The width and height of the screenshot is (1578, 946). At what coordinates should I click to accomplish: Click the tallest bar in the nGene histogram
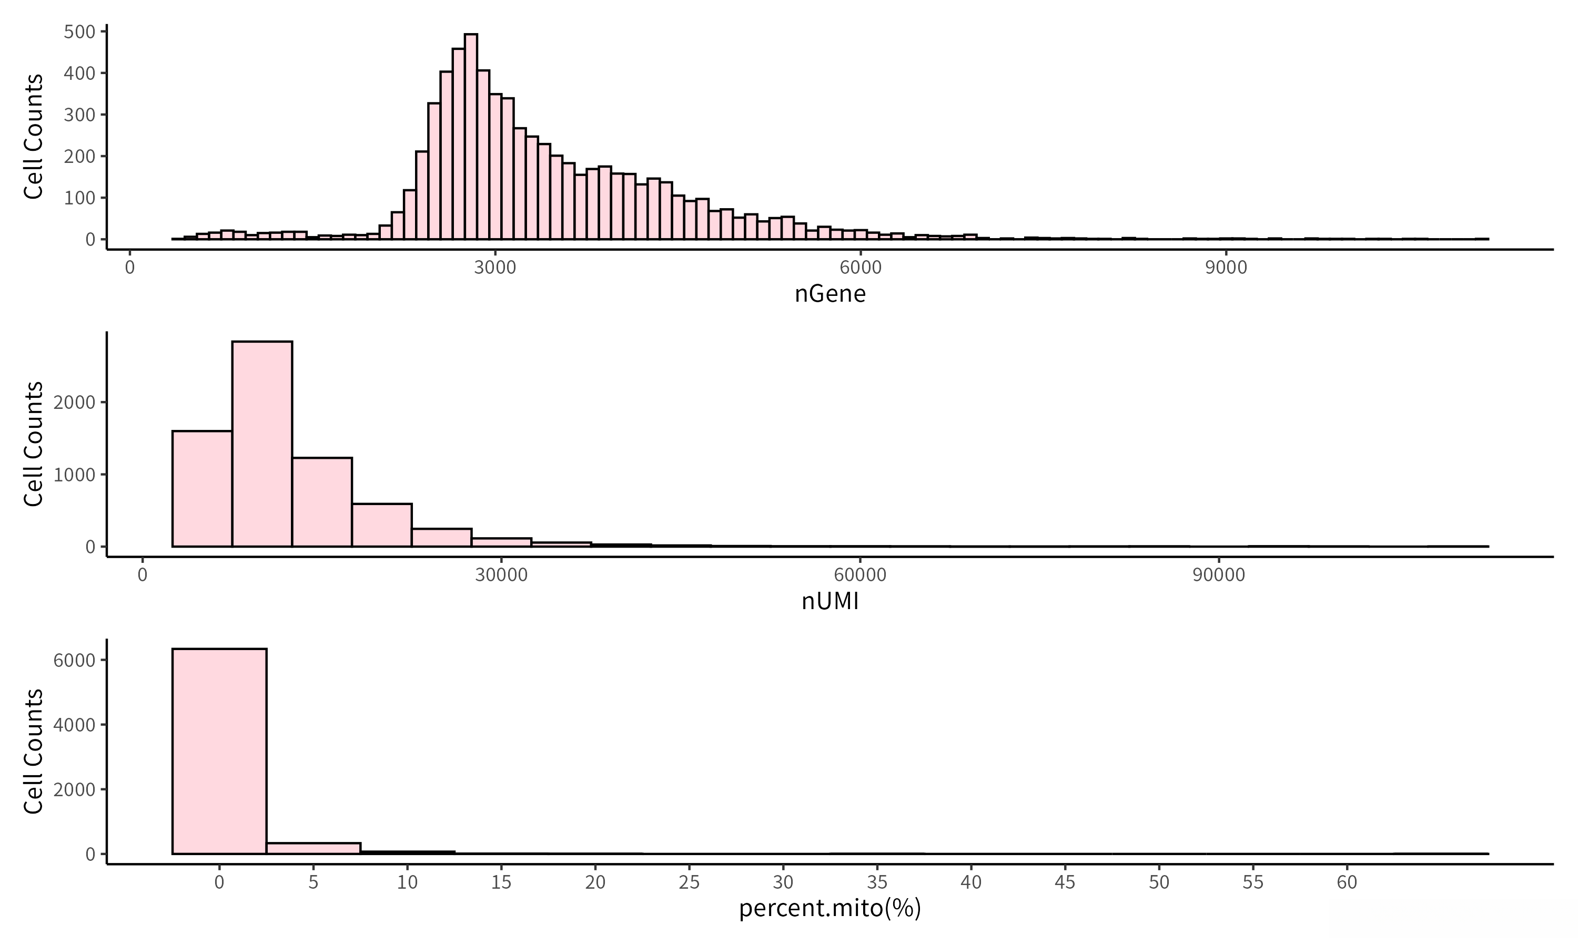pos(471,137)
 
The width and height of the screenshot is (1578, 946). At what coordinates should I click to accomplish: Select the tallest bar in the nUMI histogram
pos(262,444)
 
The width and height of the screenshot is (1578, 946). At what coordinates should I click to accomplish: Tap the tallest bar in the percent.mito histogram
pos(219,751)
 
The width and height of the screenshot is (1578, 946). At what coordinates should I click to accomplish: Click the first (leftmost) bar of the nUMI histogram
pos(202,489)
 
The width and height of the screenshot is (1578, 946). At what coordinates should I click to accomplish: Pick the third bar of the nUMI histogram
pos(322,502)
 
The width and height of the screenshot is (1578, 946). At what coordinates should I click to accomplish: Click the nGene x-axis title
pos(830,294)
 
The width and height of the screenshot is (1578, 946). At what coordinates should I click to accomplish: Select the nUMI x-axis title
pos(830,601)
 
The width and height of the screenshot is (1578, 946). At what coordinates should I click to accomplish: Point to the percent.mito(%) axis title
pos(830,908)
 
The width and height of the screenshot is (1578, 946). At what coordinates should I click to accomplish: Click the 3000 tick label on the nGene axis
pos(495,267)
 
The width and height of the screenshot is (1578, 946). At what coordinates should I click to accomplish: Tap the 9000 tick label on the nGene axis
pos(1226,267)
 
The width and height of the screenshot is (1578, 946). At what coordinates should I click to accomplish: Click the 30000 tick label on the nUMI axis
pos(501,575)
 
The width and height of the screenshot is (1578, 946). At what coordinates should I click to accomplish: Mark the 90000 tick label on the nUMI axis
pos(1219,575)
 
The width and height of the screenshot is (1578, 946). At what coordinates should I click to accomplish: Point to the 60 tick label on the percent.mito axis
pos(1347,882)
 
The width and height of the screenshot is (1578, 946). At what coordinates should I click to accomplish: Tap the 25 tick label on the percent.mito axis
pos(690,882)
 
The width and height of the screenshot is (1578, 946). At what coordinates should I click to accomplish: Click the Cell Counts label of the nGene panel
pos(33,137)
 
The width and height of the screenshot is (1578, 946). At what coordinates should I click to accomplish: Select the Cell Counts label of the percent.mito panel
pos(33,751)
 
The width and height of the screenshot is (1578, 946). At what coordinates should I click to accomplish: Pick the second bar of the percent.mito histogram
pos(313,848)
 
